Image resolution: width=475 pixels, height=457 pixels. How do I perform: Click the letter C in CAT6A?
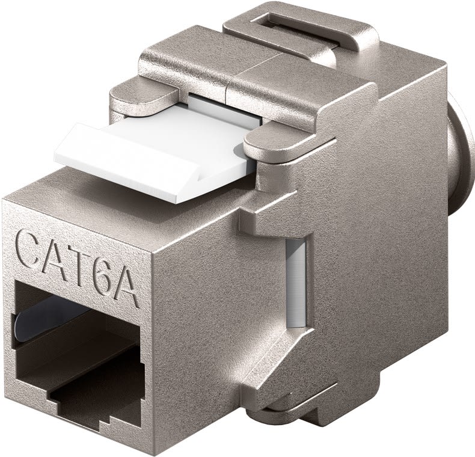30,248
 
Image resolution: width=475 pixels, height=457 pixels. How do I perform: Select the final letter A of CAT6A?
129,288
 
